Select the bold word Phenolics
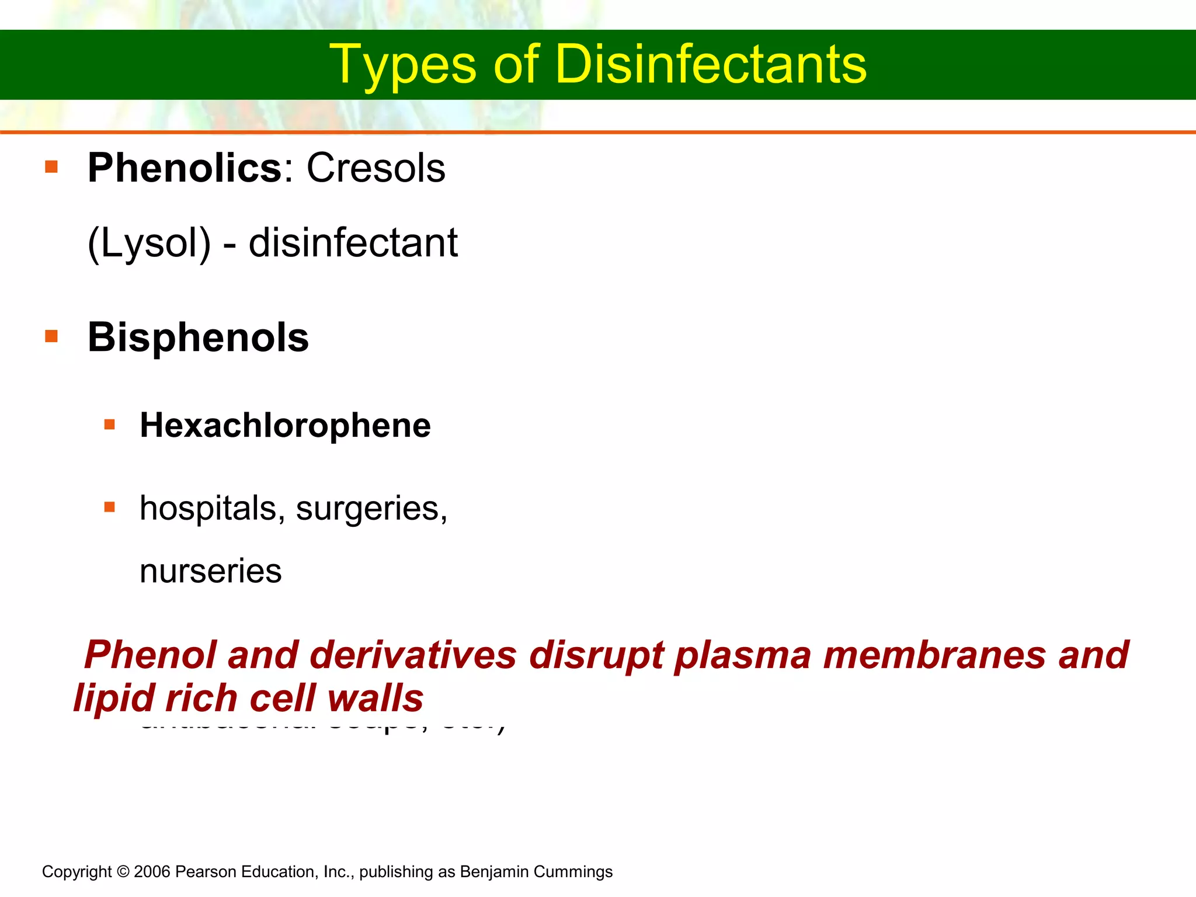[x=185, y=168]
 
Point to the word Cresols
[x=376, y=168]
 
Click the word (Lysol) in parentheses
[x=149, y=243]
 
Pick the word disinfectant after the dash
[x=353, y=243]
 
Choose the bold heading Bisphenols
[x=198, y=338]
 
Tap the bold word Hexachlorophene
[x=285, y=425]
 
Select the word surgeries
[x=371, y=508]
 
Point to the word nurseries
[x=210, y=571]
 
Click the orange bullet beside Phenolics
[x=51, y=167]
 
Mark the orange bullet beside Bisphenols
[x=51, y=336]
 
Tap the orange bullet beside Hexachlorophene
[x=110, y=424]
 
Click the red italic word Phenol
[x=150, y=655]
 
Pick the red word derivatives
[x=413, y=655]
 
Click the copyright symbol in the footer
[x=123, y=872]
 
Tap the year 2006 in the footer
[x=152, y=872]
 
